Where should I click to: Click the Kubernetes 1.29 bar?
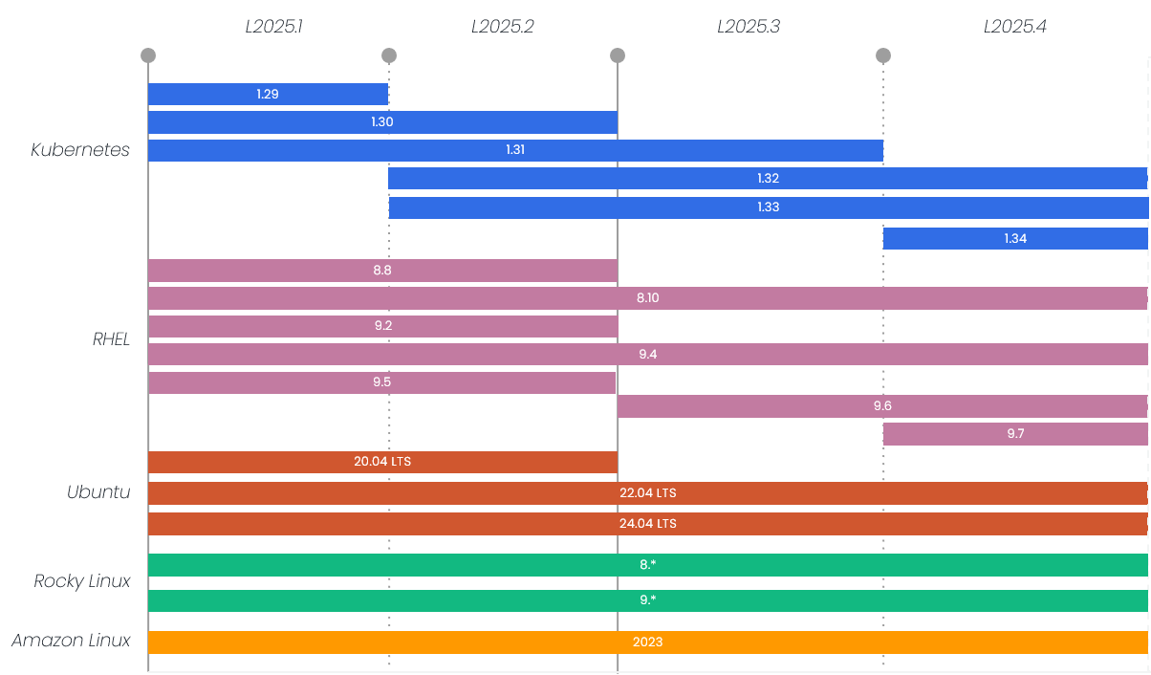(x=268, y=94)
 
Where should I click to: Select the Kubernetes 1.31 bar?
(x=515, y=150)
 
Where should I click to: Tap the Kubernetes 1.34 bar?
(x=1015, y=238)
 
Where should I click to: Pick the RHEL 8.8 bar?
(x=382, y=271)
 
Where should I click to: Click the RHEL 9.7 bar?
(x=1015, y=434)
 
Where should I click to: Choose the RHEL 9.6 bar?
(x=881, y=406)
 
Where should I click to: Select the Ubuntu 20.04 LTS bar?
(x=382, y=462)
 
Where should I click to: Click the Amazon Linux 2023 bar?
(x=647, y=642)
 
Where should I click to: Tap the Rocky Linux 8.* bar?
(x=647, y=565)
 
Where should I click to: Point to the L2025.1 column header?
(x=273, y=27)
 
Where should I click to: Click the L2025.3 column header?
(x=749, y=27)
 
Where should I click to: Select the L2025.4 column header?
(x=1015, y=27)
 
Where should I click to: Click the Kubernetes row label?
(x=80, y=150)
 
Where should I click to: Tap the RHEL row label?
(x=111, y=339)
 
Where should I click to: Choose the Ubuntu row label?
(x=98, y=493)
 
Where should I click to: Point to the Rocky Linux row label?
(x=82, y=581)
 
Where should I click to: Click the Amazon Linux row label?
(x=71, y=641)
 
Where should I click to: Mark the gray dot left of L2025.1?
(x=148, y=55)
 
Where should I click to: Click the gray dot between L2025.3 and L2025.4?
(x=883, y=55)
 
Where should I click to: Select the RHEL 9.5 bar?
(x=381, y=382)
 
